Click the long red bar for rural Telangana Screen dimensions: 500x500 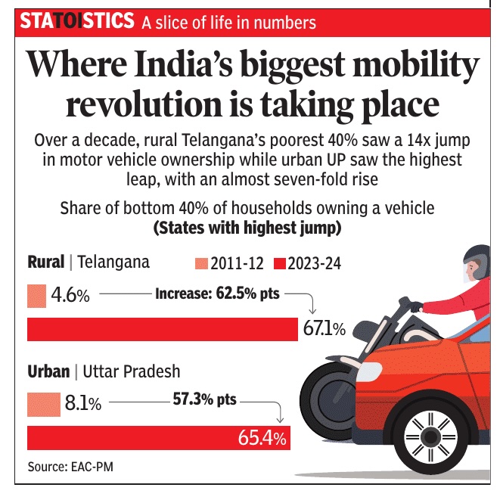click(x=163, y=329)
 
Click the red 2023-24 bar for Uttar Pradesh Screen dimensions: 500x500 click(x=144, y=437)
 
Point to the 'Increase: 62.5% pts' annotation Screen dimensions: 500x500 click(x=216, y=293)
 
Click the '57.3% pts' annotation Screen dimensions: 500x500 click(x=204, y=399)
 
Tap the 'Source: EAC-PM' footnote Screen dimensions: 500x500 click(x=65, y=467)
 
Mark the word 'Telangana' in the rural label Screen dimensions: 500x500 click(x=114, y=262)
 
